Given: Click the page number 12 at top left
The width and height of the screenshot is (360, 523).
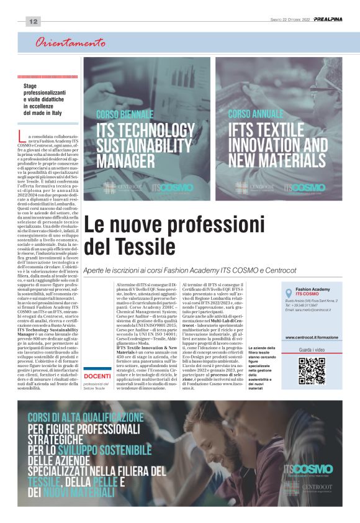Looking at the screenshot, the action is pos(33,21).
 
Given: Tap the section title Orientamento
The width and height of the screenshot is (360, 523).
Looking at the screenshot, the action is pos(70,43).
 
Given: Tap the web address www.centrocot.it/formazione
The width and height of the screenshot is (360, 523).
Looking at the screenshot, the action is pos(312,337).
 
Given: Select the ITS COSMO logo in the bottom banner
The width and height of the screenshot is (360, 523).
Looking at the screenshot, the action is pos(308,469).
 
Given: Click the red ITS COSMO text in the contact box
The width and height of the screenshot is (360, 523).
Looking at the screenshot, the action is pos(307,293).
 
